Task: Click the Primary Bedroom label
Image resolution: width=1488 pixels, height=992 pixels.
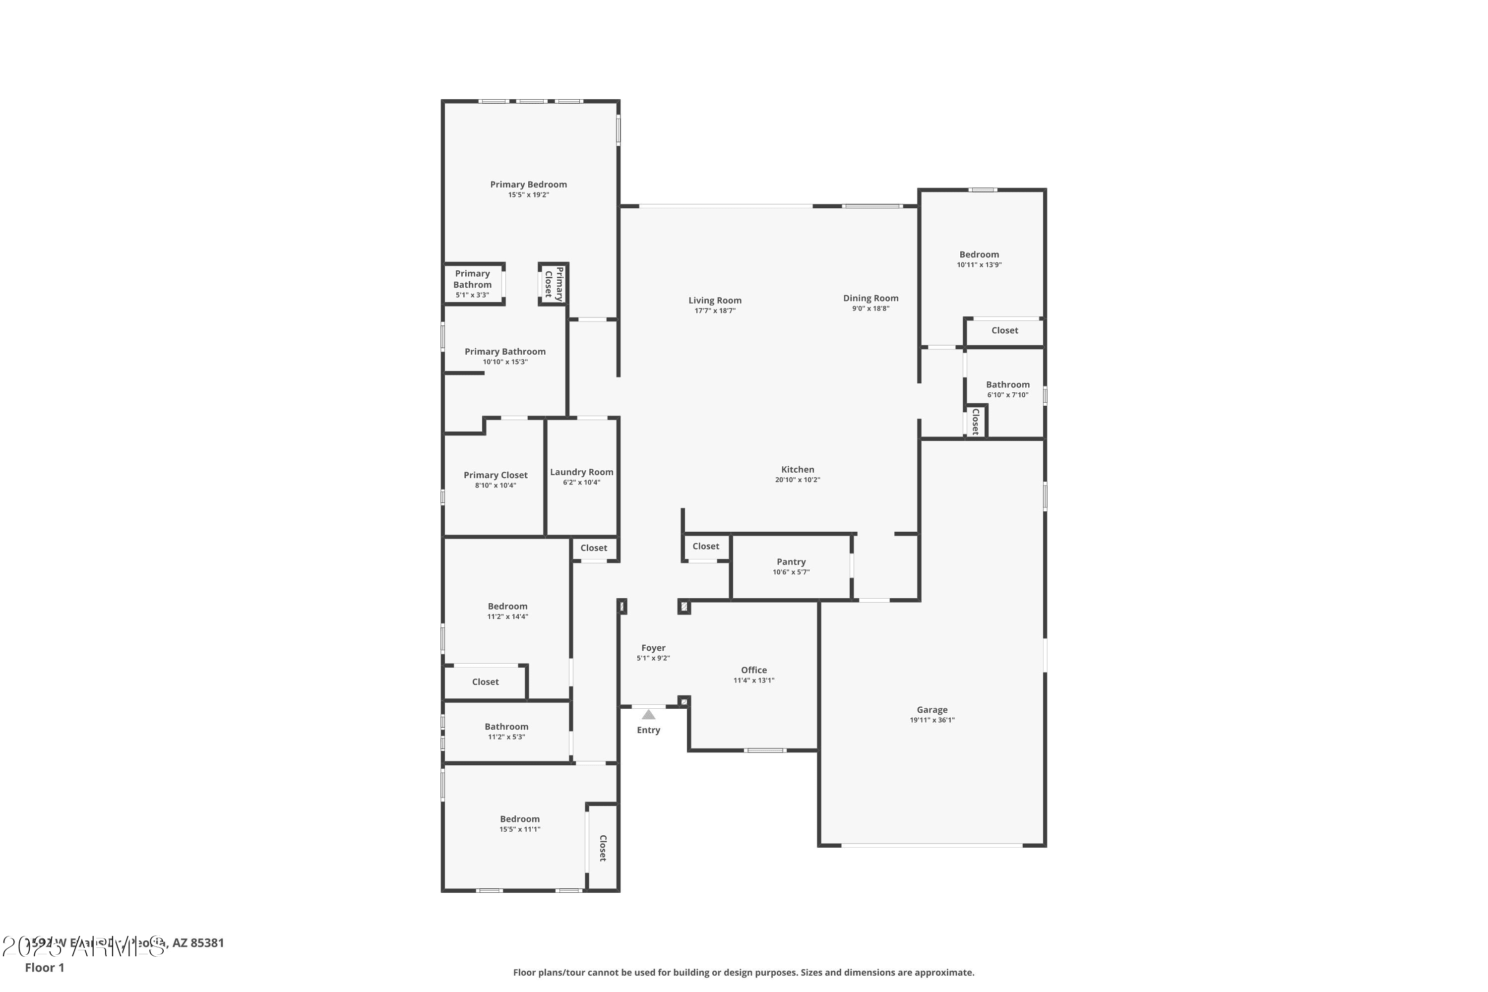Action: click(528, 185)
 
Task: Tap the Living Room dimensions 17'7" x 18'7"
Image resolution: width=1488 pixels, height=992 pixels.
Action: click(715, 310)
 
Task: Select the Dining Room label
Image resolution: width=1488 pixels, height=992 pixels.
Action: click(870, 298)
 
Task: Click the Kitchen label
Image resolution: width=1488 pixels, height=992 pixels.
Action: click(797, 469)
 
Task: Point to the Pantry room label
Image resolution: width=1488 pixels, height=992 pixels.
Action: click(791, 562)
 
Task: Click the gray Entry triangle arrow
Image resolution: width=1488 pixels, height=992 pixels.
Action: click(648, 714)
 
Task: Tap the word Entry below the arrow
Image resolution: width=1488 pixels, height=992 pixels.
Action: click(648, 730)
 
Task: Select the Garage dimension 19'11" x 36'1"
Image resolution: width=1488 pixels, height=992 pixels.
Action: click(932, 720)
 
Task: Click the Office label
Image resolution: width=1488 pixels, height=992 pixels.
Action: click(753, 670)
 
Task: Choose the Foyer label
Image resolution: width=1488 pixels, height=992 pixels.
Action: click(653, 648)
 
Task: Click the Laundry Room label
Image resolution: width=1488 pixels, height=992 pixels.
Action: click(581, 472)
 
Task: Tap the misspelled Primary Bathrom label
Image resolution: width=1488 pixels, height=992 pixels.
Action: click(472, 279)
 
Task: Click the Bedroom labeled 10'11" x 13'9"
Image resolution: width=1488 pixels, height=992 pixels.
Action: click(979, 255)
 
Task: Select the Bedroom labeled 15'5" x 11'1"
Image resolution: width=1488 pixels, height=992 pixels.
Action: click(519, 819)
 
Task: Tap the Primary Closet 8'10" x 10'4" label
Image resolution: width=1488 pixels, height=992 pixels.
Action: click(496, 475)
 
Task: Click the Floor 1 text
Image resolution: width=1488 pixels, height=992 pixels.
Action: click(44, 967)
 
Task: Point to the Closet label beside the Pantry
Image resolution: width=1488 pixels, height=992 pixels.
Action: click(705, 547)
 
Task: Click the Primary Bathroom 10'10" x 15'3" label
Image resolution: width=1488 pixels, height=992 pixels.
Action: click(505, 352)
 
